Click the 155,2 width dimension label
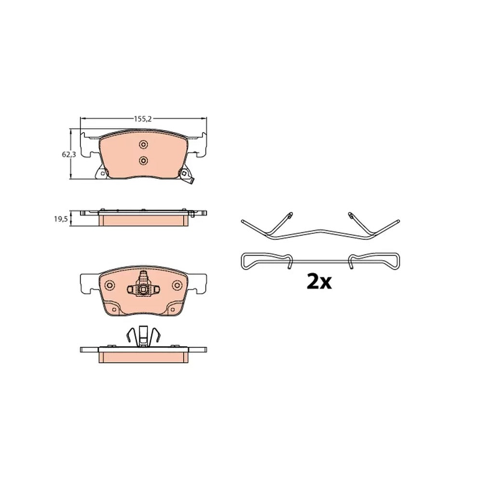[143, 119]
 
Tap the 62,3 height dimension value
[68, 155]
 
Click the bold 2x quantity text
[319, 282]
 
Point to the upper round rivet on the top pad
[143, 144]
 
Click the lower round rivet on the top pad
[143, 160]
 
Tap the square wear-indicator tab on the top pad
[185, 174]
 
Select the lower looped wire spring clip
[321, 261]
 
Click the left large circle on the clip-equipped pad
[109, 285]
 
